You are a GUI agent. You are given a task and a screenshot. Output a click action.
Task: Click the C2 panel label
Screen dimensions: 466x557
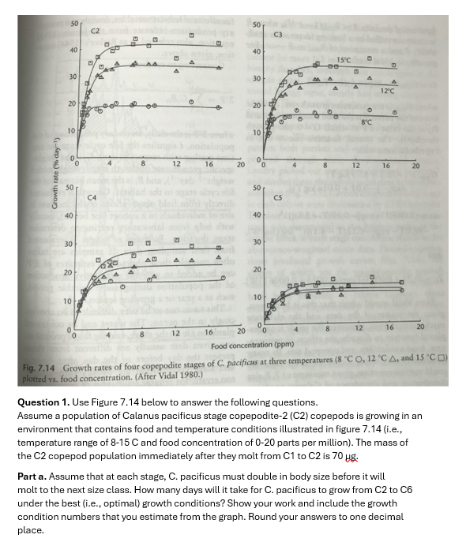click(95, 30)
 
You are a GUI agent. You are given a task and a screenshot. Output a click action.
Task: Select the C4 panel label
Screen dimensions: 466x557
click(92, 197)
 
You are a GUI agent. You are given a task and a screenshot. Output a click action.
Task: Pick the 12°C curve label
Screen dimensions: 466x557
click(386, 92)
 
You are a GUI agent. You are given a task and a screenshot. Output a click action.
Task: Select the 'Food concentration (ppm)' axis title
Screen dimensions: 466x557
click(252, 346)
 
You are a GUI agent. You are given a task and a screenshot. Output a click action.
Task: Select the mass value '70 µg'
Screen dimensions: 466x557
click(334, 456)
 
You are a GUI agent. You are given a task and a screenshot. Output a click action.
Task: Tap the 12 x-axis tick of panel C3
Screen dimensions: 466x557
click(356, 166)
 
